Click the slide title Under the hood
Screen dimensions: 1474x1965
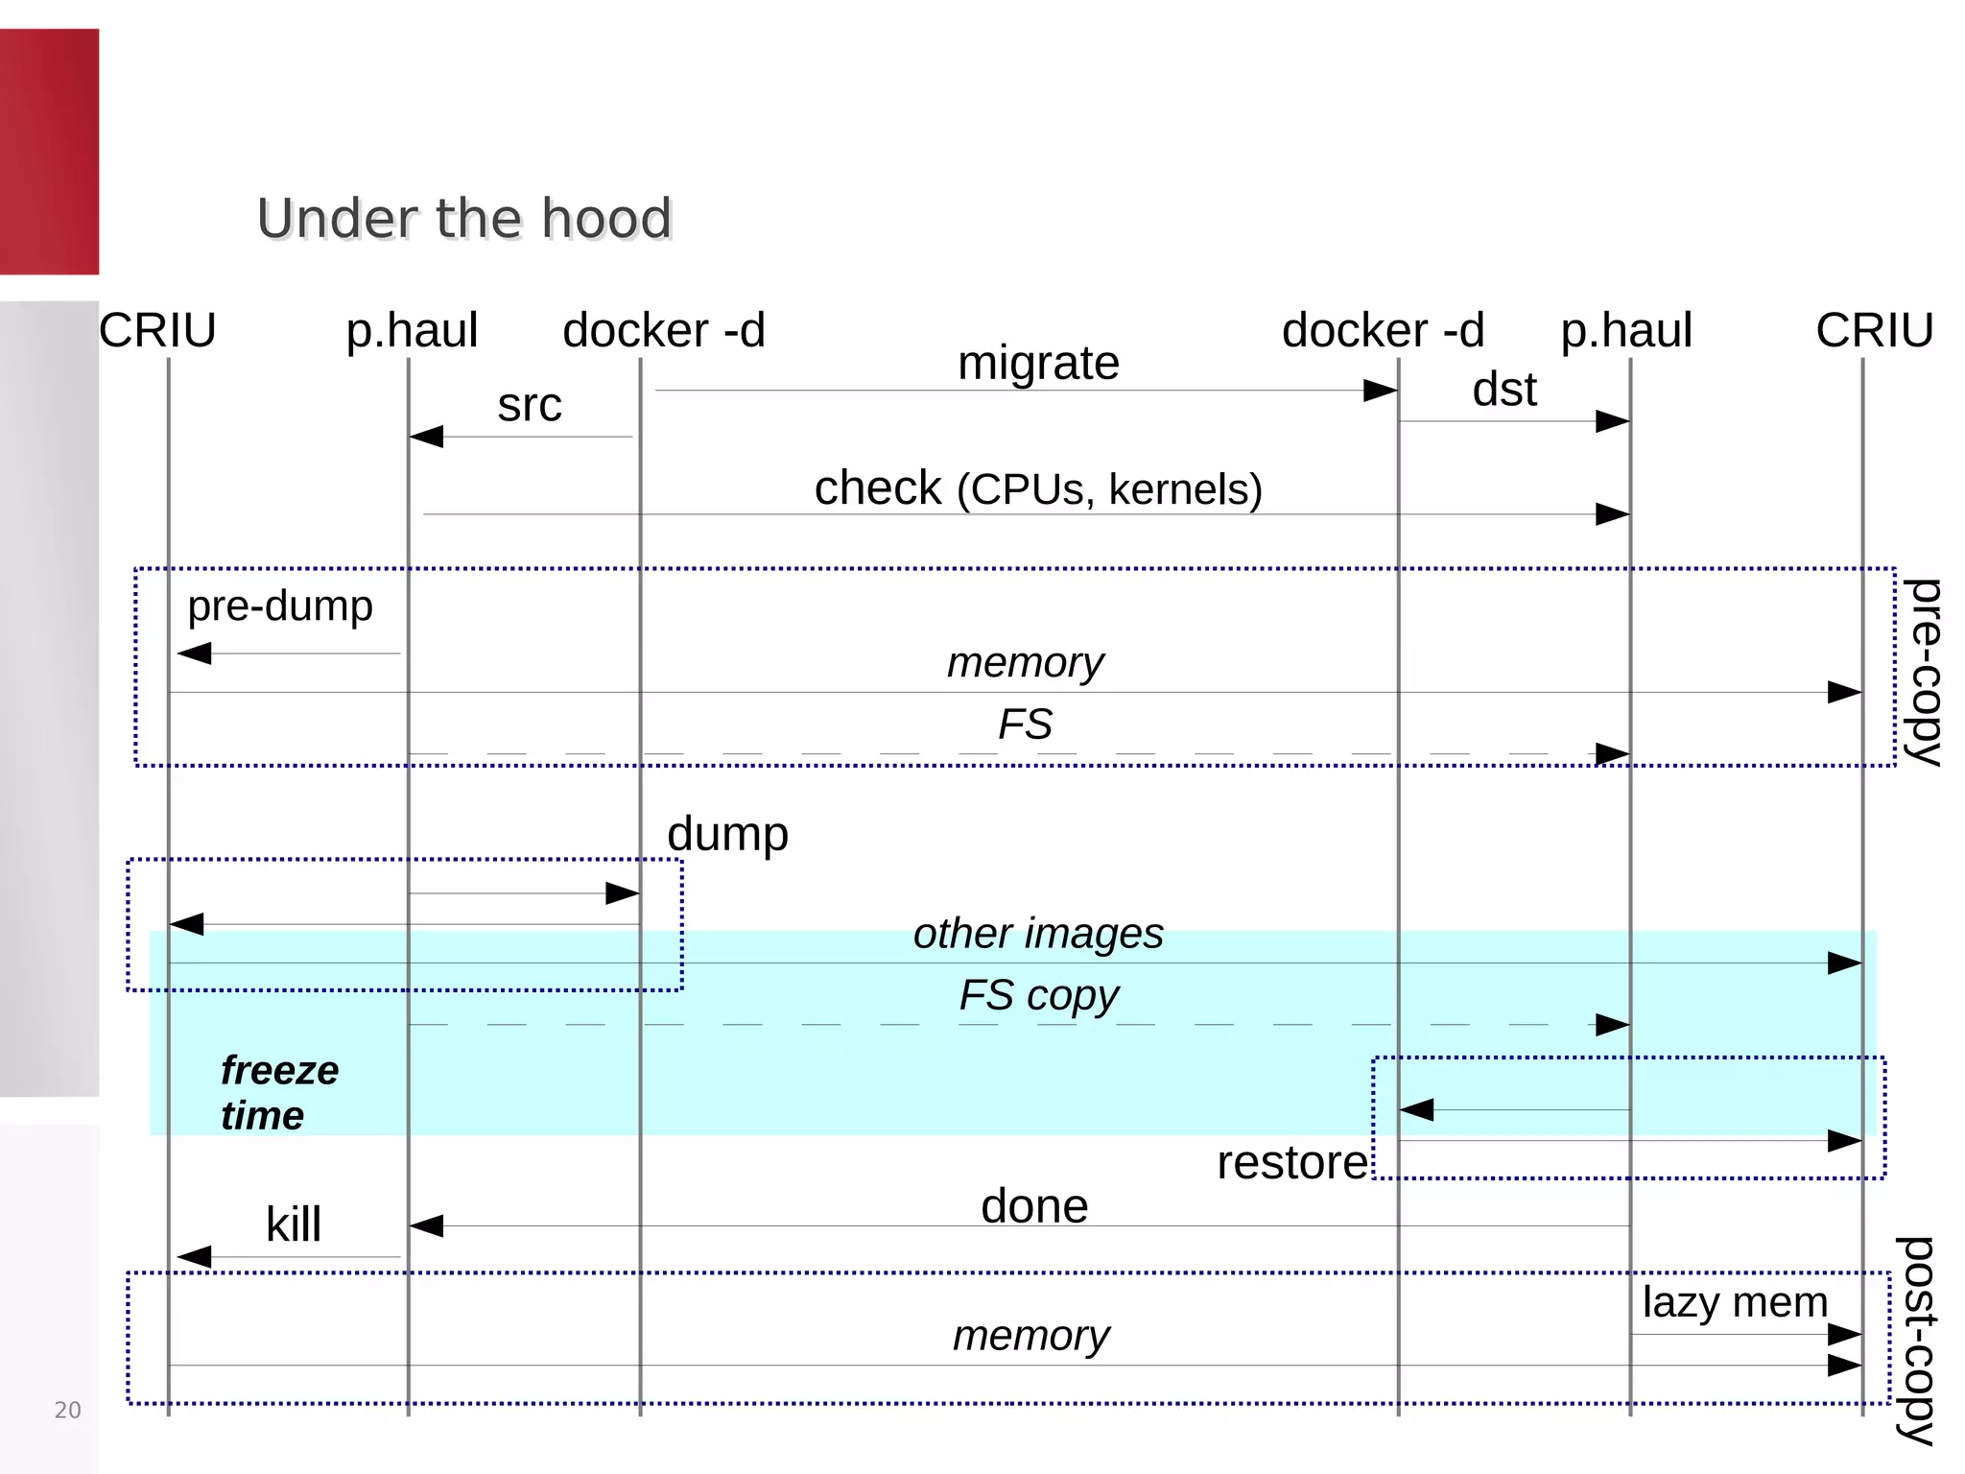(x=464, y=219)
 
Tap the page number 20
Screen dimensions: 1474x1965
(x=67, y=1410)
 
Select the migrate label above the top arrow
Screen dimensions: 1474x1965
(x=1038, y=364)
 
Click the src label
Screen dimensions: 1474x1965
(x=529, y=405)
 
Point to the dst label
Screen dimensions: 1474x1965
(x=1503, y=390)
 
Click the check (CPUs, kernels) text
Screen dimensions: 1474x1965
(x=1038, y=488)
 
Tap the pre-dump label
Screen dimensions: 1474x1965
(x=279, y=606)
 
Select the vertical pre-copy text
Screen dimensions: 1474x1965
(x=1922, y=671)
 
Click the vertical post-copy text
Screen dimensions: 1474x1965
(x=1916, y=1340)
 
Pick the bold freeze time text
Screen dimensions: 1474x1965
(x=278, y=1093)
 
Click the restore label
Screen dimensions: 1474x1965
(x=1291, y=1163)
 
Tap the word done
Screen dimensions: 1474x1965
(x=1034, y=1206)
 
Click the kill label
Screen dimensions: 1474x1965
(x=293, y=1225)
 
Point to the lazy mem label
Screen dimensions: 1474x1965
(x=1735, y=1303)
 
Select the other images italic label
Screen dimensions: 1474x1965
(x=1038, y=934)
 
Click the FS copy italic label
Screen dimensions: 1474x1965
(x=1038, y=995)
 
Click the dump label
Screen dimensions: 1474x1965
(x=727, y=834)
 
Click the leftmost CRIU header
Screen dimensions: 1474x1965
(x=157, y=331)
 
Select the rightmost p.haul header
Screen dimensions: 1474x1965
(x=1626, y=331)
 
